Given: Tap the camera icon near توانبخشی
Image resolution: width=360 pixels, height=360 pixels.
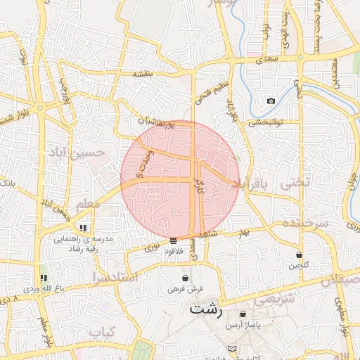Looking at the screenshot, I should point(271,101).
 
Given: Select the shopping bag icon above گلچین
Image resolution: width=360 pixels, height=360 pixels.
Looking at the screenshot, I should point(299,255).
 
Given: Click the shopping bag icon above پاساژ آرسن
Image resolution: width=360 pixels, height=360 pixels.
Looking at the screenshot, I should point(243,314).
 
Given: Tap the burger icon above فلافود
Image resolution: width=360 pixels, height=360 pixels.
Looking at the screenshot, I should point(173,240).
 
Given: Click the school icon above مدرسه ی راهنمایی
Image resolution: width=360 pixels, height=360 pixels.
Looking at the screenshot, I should point(84,228).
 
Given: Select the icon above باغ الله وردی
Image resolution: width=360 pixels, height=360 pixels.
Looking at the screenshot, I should point(44,278).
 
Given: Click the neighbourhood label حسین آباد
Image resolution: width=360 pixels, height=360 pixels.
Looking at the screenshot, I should point(76,152).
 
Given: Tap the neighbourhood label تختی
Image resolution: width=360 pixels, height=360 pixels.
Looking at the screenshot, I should point(295,183).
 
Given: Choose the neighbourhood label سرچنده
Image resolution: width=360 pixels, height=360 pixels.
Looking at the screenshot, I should point(305,222).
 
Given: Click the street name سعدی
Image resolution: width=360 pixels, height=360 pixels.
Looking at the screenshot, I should point(268,60).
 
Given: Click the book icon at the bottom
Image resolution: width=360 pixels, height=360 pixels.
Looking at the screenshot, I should point(233,348).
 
